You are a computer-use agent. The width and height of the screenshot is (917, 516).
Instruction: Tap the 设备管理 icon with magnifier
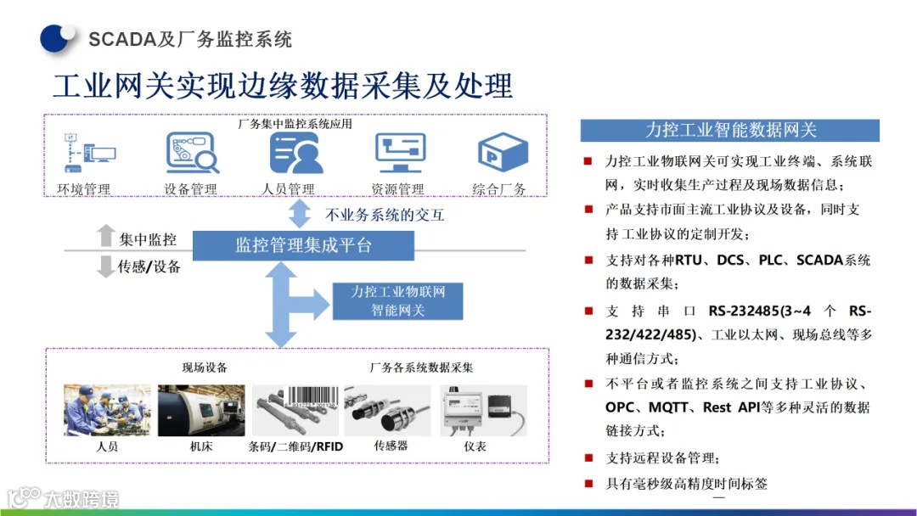pos(191,152)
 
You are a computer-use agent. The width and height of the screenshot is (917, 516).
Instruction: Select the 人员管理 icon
pos(295,152)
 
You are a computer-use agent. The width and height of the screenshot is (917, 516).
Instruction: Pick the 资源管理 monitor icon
pos(399,152)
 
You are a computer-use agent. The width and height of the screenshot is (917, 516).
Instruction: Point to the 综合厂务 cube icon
pos(498,152)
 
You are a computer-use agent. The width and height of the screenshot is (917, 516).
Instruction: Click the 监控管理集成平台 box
pos(303,246)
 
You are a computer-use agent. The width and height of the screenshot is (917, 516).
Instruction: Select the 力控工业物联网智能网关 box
pos(398,301)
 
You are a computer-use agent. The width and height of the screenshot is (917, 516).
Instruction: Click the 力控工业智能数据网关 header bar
pos(729,130)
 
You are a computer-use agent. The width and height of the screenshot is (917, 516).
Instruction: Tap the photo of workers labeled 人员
pos(107,411)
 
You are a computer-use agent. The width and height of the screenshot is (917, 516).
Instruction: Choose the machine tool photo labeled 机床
pos(201,411)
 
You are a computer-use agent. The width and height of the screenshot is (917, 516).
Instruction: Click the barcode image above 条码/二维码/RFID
pos(311,399)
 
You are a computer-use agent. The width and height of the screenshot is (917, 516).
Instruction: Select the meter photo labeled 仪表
pos(482,411)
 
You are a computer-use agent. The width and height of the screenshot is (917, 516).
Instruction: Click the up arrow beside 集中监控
pos(105,235)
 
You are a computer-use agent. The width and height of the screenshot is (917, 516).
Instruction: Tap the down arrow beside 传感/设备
pos(105,266)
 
